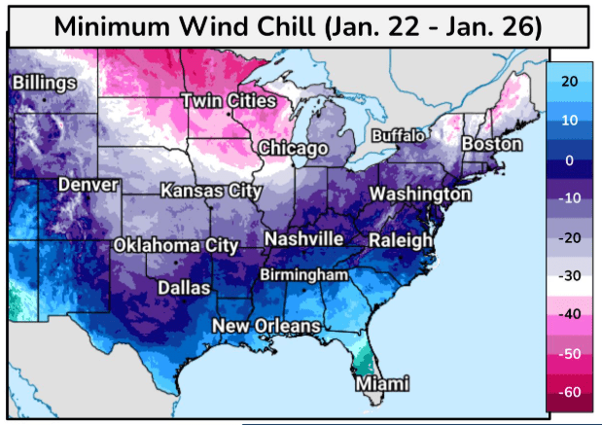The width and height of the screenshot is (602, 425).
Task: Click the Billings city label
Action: point(43,84)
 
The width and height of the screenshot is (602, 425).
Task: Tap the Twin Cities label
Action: point(229,101)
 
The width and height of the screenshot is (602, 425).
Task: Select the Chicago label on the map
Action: point(293,148)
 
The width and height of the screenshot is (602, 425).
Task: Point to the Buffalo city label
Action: point(398,134)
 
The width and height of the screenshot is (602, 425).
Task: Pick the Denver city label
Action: point(88,184)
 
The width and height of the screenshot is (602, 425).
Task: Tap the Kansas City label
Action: point(211,191)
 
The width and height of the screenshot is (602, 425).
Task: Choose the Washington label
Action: point(419,195)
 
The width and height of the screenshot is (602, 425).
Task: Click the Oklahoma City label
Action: point(176,245)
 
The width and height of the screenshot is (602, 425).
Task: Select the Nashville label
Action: point(304,238)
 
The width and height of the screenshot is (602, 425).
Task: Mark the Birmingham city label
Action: point(302,275)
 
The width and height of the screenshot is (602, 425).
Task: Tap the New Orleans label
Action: point(266,325)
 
